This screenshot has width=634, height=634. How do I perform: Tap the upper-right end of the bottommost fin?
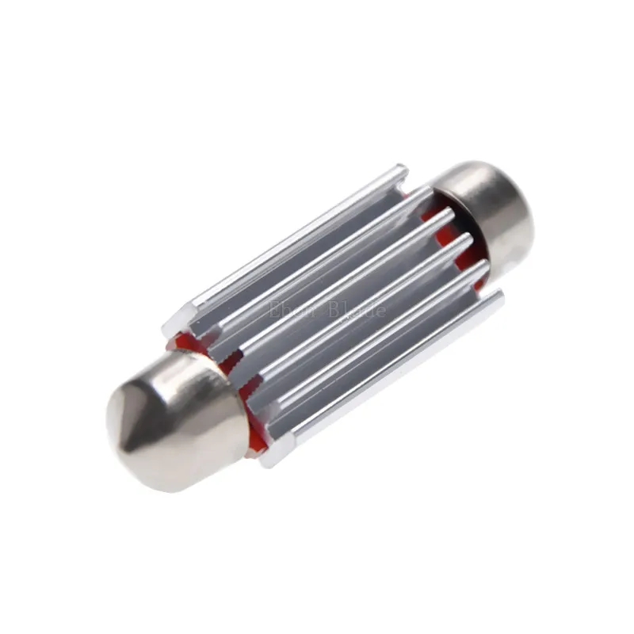click(498, 298)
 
